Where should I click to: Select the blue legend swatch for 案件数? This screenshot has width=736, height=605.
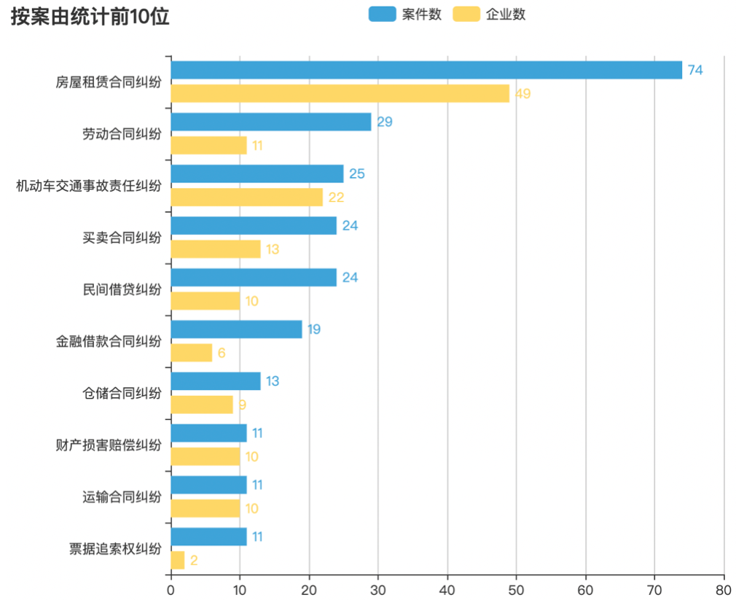[x=382, y=15]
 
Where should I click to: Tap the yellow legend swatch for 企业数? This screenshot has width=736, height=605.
[x=466, y=15]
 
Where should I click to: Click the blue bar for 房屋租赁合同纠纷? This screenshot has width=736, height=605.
[x=426, y=70]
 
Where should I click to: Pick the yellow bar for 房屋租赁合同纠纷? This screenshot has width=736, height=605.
[x=340, y=93]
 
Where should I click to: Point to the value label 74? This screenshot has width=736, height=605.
[x=695, y=70]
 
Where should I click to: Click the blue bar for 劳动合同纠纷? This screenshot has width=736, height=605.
[x=271, y=122]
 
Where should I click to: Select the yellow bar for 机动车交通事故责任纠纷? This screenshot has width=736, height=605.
[x=246, y=197]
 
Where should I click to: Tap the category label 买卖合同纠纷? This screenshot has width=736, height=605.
[x=122, y=238]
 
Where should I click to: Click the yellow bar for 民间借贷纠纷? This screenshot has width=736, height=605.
[x=205, y=300]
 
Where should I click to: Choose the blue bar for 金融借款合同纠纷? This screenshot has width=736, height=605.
[x=236, y=329]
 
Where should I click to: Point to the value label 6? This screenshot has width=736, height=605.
[x=222, y=353]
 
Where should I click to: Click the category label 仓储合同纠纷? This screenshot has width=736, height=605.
[x=122, y=394]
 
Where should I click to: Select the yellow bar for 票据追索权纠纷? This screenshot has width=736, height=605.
[x=178, y=560]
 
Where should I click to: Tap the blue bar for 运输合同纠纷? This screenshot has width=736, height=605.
[x=208, y=485]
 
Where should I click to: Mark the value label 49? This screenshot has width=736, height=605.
[x=522, y=93]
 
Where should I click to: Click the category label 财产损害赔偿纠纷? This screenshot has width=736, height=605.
[x=109, y=445]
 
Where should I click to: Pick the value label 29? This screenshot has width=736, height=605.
[x=384, y=122]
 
